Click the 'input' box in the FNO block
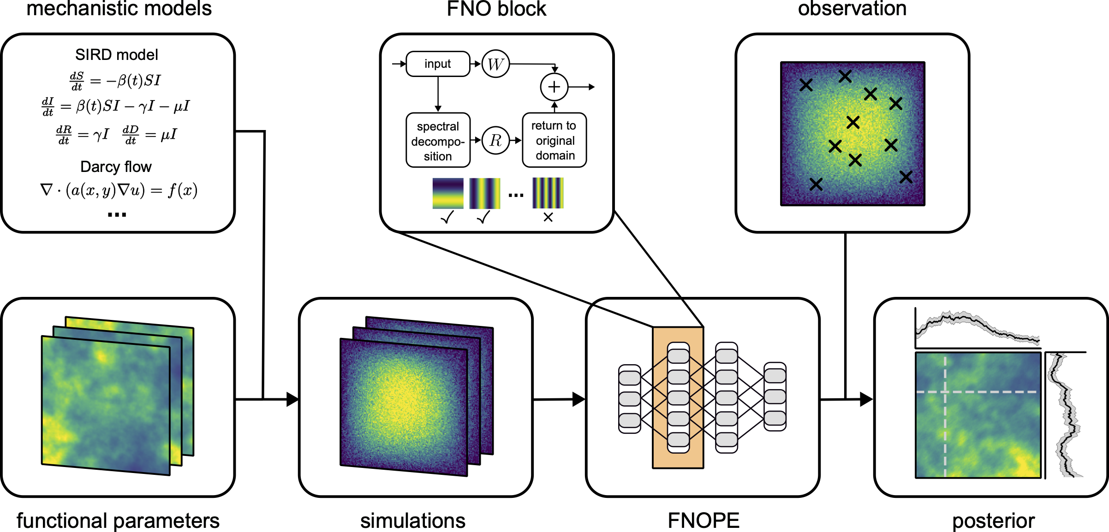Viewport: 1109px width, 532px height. click(438, 64)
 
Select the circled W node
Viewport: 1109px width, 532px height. click(495, 64)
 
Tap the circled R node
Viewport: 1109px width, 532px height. click(495, 140)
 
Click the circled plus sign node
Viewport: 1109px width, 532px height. click(554, 87)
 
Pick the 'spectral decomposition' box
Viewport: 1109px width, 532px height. click(438, 141)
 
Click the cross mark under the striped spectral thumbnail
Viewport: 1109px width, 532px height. click(548, 217)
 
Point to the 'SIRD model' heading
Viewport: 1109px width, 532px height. click(117, 55)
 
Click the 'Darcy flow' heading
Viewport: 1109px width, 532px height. click(116, 166)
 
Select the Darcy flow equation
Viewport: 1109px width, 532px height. click(119, 190)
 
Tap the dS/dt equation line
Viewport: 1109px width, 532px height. click(115, 81)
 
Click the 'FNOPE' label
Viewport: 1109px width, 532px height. click(703, 520)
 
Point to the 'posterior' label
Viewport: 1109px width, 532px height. click(993, 521)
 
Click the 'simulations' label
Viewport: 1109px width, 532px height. click(413, 521)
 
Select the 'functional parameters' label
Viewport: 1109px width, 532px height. click(118, 521)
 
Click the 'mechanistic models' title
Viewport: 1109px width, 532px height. click(119, 8)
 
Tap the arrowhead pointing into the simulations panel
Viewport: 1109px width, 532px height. click(292, 399)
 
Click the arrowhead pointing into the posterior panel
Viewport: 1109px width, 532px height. click(866, 399)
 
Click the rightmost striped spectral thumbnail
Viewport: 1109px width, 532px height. click(548, 193)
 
